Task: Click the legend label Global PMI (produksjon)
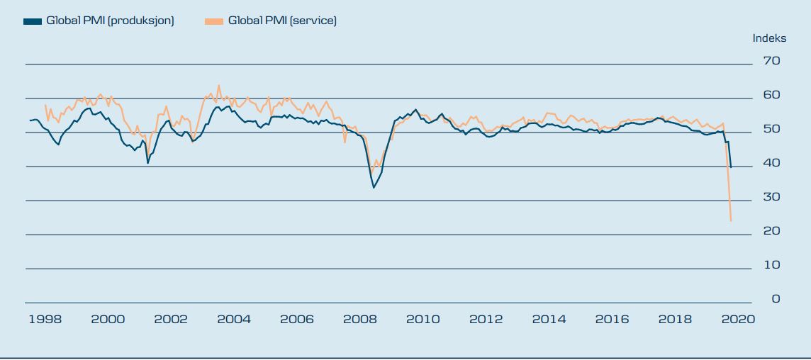[x=110, y=21]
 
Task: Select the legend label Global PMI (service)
[x=281, y=21]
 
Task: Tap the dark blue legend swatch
[x=33, y=21]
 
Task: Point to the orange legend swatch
[x=213, y=21]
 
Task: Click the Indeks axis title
[x=769, y=38]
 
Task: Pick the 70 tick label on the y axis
[x=771, y=60]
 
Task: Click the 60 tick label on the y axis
[x=771, y=95]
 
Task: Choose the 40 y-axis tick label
[x=771, y=163]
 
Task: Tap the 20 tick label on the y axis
[x=771, y=231]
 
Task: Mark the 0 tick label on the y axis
[x=776, y=299]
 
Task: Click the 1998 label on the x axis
[x=45, y=319]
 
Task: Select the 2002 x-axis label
[x=171, y=319]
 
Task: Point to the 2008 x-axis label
[x=359, y=319]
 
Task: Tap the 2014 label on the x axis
[x=549, y=319]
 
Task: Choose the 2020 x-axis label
[x=737, y=319]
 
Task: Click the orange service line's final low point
[x=730, y=221]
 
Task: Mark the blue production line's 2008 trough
[x=374, y=187]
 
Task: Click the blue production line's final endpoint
[x=730, y=167]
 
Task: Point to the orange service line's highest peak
[x=218, y=86]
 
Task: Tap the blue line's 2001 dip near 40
[x=148, y=163]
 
